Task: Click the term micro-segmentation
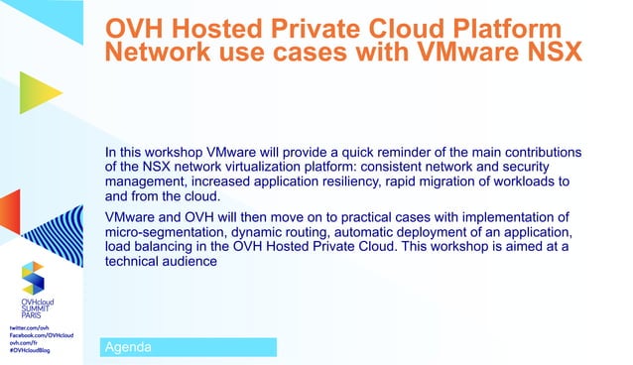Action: (166, 232)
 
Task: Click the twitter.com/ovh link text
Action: (30, 325)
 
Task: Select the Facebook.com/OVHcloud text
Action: (43, 334)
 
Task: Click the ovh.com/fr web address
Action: (26, 342)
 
